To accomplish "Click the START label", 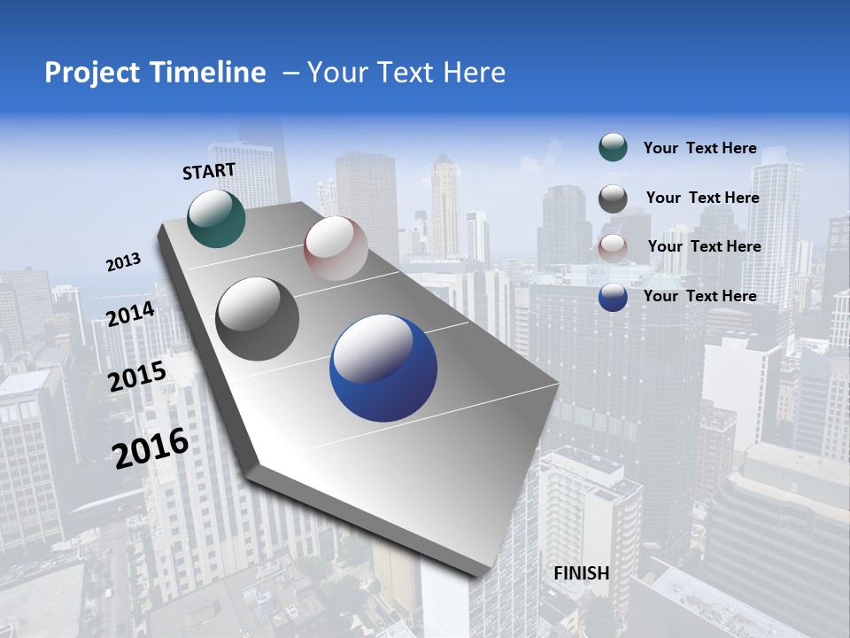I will click(x=209, y=171).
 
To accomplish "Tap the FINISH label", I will click(x=581, y=573).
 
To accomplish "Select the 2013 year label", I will click(x=123, y=262).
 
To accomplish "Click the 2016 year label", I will click(x=151, y=447).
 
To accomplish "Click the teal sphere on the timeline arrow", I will click(x=216, y=218).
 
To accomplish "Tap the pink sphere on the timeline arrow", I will click(x=336, y=247).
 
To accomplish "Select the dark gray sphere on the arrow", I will click(x=258, y=318).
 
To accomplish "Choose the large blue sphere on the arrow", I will click(x=382, y=369).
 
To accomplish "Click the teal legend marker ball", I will click(x=613, y=147).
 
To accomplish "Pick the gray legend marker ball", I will click(x=613, y=198).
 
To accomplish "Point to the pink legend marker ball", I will click(x=613, y=247).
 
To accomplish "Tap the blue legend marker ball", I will click(x=613, y=297).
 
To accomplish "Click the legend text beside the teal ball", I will click(x=699, y=148).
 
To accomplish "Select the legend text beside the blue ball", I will click(x=699, y=296).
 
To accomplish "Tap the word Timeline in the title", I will click(x=210, y=73).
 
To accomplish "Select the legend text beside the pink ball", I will click(x=704, y=246).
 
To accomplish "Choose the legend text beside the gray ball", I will click(x=702, y=198).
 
